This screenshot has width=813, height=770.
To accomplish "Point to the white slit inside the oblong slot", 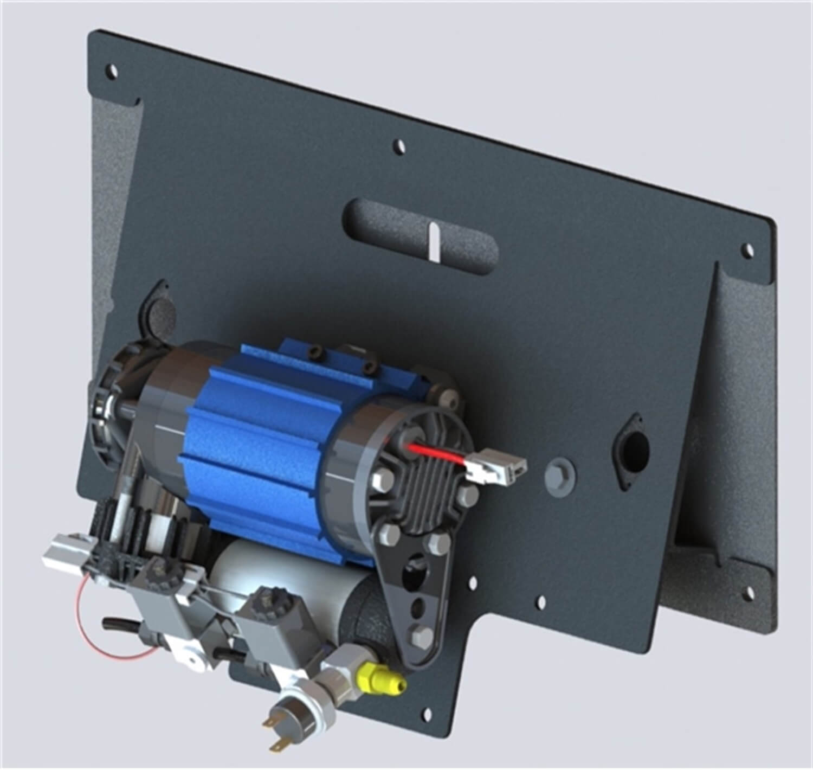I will (x=434, y=239).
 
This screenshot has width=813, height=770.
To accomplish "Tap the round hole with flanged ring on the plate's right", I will (x=631, y=446).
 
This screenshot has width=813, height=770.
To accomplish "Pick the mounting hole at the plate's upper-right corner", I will (x=748, y=251).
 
